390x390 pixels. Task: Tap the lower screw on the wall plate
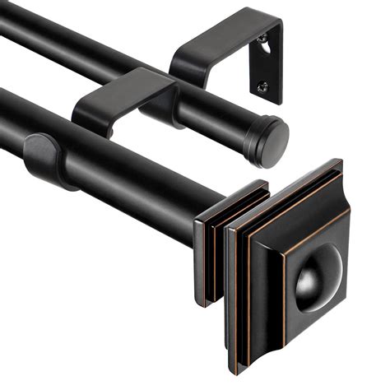(262, 85)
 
